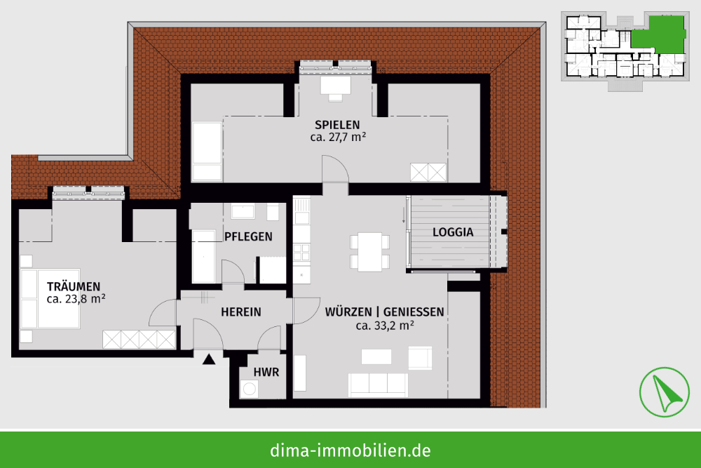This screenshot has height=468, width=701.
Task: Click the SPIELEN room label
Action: point(337,125)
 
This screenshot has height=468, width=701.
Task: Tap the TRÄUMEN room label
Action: point(74,287)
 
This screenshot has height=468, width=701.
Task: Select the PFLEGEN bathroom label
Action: point(248,236)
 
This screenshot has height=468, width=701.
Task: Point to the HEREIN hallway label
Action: point(241,312)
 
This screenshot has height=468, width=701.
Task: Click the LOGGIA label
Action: point(453,232)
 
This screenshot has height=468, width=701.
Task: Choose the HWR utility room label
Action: point(266,373)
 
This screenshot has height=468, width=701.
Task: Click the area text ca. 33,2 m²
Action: point(385,326)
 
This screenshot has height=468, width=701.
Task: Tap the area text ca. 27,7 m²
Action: point(338,137)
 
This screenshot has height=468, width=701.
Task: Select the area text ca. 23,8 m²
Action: point(76,299)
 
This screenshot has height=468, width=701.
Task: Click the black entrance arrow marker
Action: point(209,359)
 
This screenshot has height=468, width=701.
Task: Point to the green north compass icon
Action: point(665,392)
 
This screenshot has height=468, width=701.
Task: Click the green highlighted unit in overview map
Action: point(658,36)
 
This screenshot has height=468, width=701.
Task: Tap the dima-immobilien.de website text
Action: point(350,450)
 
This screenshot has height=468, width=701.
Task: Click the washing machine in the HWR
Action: point(249,389)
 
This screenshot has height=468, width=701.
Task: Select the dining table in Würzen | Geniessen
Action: point(369,252)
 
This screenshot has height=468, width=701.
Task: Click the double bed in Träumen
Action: point(50,298)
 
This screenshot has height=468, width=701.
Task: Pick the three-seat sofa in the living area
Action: point(378,385)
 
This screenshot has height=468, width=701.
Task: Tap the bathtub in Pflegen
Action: point(203,256)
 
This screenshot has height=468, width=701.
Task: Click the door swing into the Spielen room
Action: point(335,168)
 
